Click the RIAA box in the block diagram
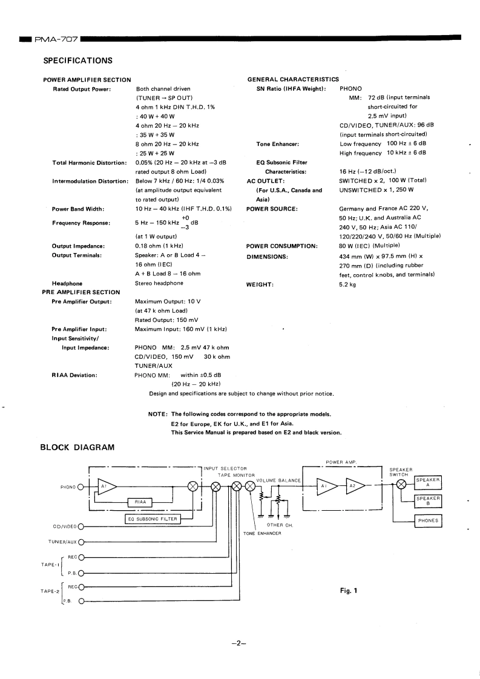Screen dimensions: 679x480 (x=140, y=502)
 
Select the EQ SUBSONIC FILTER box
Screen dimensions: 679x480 (x=152, y=519)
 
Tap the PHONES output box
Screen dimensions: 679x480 (x=427, y=520)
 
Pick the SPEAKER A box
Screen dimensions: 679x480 (x=427, y=483)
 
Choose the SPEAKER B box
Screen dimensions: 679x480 (x=427, y=501)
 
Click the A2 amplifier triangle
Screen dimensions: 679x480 (x=353, y=485)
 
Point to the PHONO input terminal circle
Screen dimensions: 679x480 (x=79, y=487)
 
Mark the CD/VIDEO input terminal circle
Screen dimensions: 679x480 (x=81, y=526)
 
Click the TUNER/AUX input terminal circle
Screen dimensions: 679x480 (x=81, y=542)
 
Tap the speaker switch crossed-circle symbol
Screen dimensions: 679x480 (x=401, y=485)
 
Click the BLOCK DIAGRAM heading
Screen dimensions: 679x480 (x=77, y=448)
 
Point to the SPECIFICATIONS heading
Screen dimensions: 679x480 (x=78, y=61)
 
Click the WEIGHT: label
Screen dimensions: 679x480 (x=260, y=284)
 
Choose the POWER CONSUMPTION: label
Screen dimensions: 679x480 (x=282, y=246)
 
